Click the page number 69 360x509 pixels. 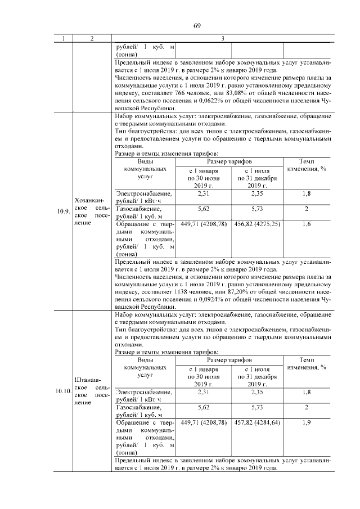click(x=197, y=25)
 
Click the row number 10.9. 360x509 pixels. click(x=63, y=211)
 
